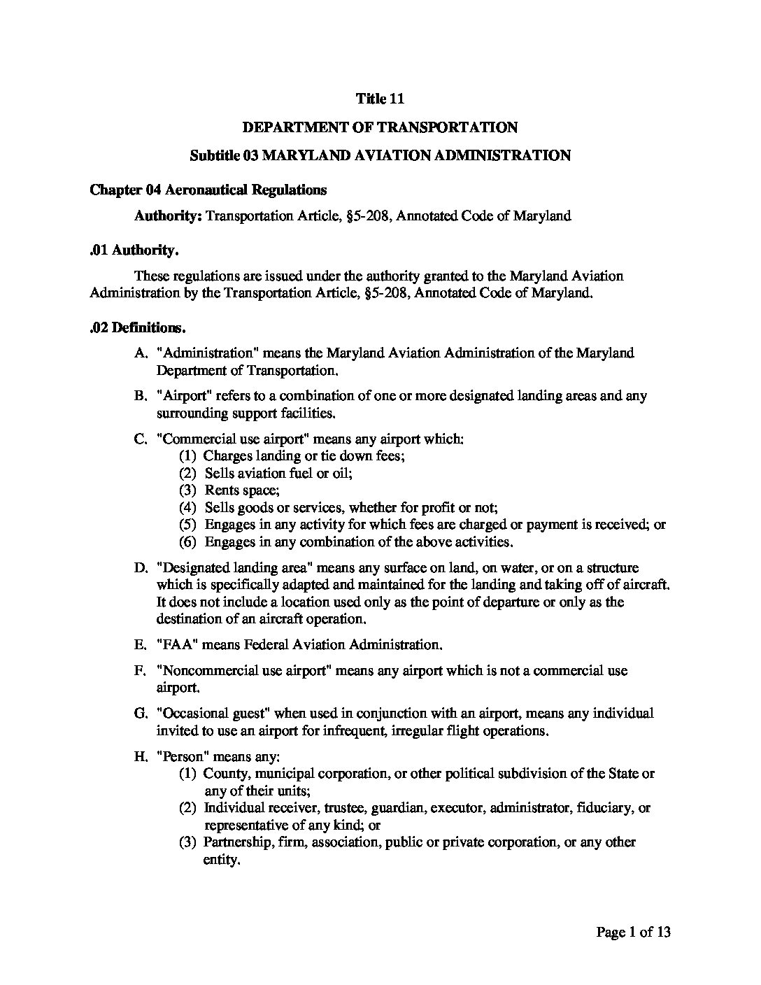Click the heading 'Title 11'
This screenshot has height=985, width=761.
380,99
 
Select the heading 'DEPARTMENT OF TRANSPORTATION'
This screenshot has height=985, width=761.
380,127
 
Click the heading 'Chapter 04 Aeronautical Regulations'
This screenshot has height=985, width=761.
208,190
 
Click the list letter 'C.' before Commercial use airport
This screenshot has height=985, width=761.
140,439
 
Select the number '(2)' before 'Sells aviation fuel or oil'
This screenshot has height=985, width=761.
187,473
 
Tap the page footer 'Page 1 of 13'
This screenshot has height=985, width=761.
633,932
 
